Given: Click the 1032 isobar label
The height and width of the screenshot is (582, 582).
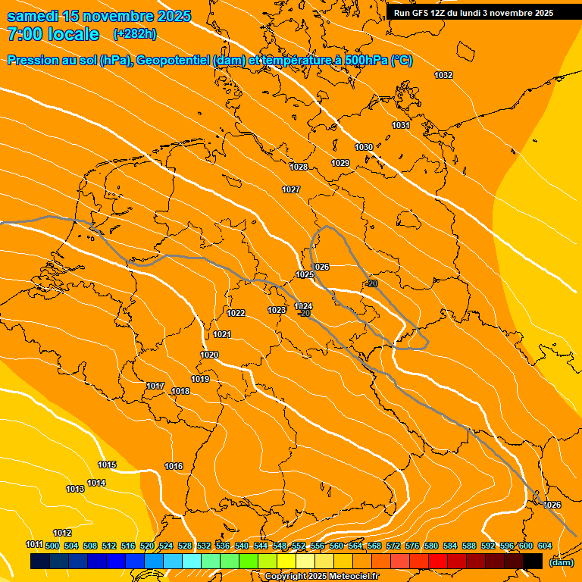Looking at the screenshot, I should click(x=443, y=75).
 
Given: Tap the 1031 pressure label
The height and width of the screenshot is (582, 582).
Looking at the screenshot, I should click(x=401, y=125).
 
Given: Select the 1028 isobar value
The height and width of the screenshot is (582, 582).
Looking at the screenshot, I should click(x=299, y=167).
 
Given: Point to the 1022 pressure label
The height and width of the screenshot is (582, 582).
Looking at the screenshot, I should click(x=236, y=313).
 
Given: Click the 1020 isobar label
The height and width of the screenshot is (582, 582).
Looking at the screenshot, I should click(x=209, y=355).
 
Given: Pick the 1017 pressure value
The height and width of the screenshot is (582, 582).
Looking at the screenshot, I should click(x=155, y=386).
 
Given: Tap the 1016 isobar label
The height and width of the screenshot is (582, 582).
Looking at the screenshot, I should click(x=174, y=466).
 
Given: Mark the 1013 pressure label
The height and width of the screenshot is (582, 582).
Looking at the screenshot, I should click(x=75, y=489).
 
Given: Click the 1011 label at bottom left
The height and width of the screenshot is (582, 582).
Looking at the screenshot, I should click(x=34, y=544).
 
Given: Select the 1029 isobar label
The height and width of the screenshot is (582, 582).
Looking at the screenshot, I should click(x=340, y=163).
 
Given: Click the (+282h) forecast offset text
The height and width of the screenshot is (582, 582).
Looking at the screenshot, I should click(x=135, y=34).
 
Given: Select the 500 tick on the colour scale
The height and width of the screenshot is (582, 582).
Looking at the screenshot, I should click(x=52, y=546).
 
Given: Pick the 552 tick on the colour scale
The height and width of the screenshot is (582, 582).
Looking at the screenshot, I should click(x=299, y=546).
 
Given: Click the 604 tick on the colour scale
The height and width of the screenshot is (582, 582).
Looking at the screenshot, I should click(x=545, y=546).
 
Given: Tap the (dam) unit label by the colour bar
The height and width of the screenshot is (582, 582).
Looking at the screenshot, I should click(x=561, y=562).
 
